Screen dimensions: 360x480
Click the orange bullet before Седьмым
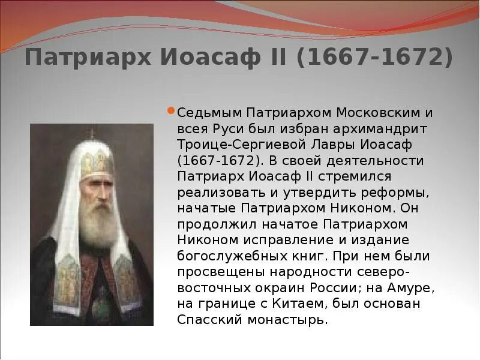click(x=171, y=111)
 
